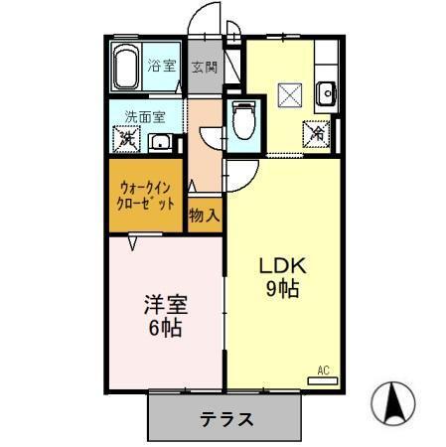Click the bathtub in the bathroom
tap(125, 68)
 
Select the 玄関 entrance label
tap(204, 68)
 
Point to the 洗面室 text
tap(144, 116)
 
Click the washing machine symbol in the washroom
tap(127, 140)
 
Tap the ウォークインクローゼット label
tap(147, 194)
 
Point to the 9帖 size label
tap(281, 289)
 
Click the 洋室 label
tap(165, 304)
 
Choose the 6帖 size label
tap(165, 327)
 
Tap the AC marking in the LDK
tap(322, 371)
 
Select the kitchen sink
tap(327, 95)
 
